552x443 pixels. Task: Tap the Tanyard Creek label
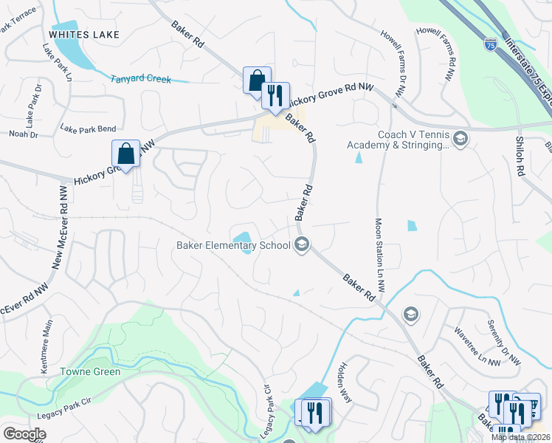pyautogui.click(x=140, y=79)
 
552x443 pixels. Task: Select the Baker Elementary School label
pyautogui.click(x=233, y=245)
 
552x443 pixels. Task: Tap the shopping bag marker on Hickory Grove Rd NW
pyautogui.click(x=126, y=154)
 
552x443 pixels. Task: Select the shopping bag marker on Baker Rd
pyautogui.click(x=256, y=80)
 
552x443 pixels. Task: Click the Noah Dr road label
pyautogui.click(x=24, y=134)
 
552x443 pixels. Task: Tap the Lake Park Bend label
pyautogui.click(x=88, y=128)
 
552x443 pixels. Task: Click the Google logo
pyautogui.click(x=24, y=434)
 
